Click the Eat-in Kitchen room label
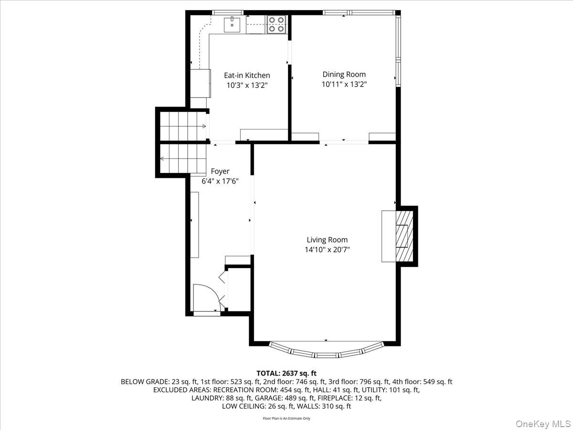pos(247,75)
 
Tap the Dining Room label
pos(344,75)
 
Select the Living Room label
pos(327,240)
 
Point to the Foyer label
pos(220,171)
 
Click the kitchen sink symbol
pos(234,24)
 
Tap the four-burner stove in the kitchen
pos(276,24)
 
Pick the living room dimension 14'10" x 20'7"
pos(327,250)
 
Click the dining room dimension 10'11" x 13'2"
pos(344,84)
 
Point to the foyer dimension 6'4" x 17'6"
pos(220,181)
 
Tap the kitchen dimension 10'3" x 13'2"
pos(247,86)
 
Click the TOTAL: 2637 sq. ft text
pos(286,373)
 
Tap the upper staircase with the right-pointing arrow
pos(183,126)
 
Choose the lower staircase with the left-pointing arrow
pos(183,159)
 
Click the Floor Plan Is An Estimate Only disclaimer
pos(286,419)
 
